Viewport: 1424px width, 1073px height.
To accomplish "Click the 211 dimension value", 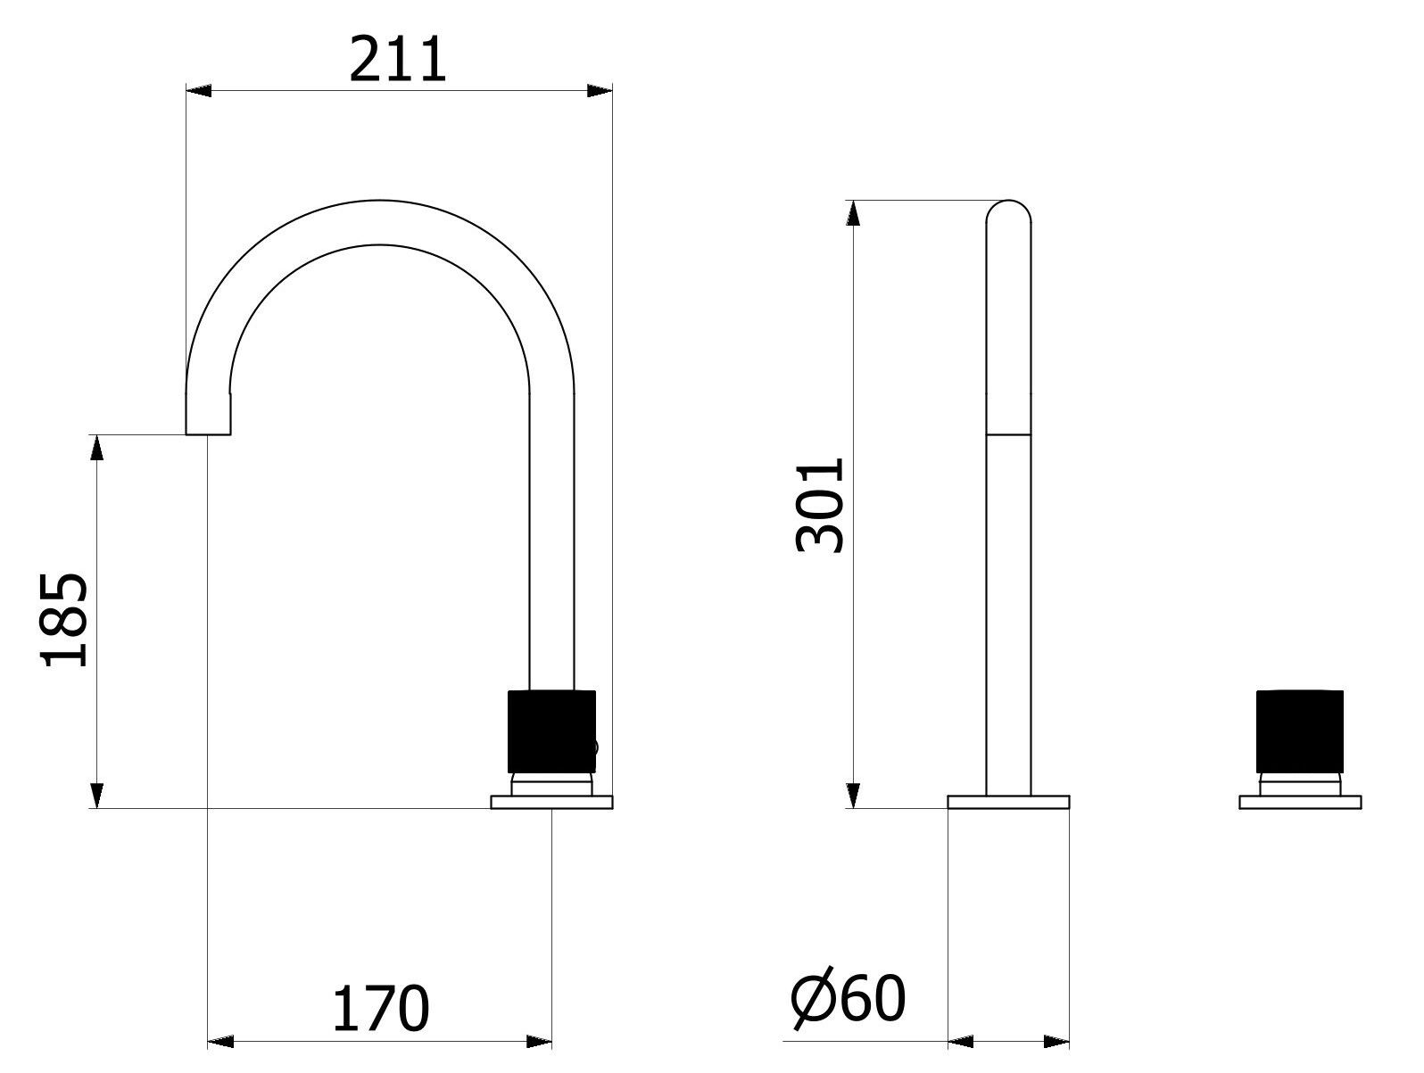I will click(398, 61).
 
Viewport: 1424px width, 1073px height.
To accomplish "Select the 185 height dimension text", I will click(64, 620).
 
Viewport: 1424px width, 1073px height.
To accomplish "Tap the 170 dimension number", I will click(381, 1009).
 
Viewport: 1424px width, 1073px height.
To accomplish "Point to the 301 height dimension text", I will click(819, 505).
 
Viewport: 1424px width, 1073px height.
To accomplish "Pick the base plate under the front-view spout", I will click(1008, 802).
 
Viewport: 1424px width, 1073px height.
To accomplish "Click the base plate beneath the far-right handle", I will click(1300, 802).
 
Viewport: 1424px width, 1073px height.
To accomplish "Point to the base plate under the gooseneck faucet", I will click(551, 802).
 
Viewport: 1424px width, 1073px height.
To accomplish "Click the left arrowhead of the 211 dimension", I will click(198, 90).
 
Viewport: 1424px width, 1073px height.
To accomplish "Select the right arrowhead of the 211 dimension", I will click(600, 90).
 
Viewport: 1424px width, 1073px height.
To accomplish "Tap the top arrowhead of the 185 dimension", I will click(97, 448).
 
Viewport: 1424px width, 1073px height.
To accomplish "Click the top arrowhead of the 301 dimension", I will click(854, 213).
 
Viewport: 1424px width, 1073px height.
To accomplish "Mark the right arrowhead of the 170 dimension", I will click(539, 1041).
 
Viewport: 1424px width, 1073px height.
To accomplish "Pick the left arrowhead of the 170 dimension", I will click(220, 1041).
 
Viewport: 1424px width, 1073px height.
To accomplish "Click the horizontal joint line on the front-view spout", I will click(1008, 434).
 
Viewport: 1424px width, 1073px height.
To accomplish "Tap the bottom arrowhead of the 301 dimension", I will click(854, 796).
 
